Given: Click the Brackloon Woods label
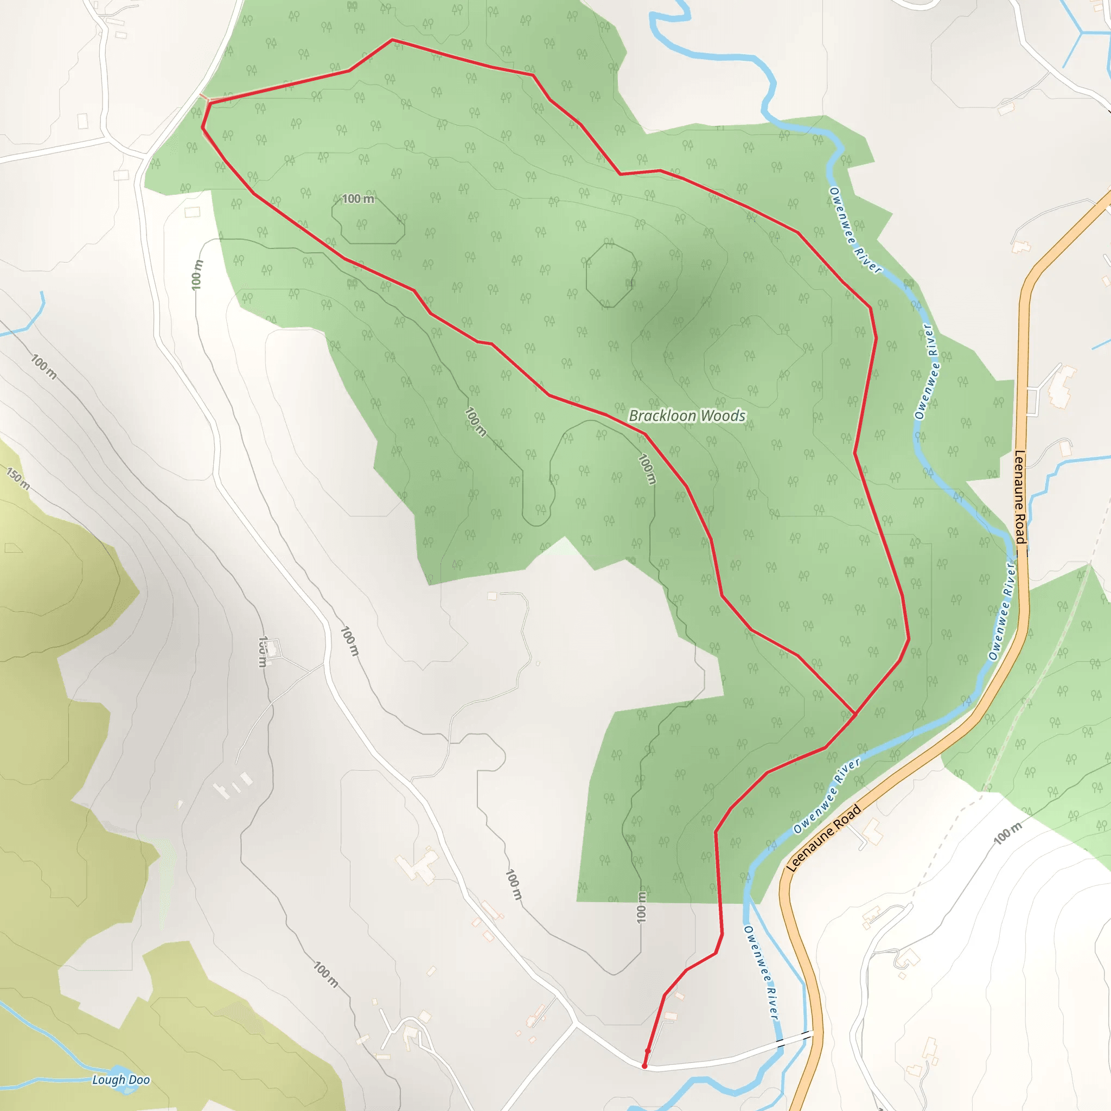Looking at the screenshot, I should coord(687,416).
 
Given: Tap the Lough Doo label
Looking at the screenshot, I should coord(121,1080).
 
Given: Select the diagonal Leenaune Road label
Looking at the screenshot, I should coord(823,838).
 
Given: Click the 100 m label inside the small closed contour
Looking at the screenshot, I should coord(357,199).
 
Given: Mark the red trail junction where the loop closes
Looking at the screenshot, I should coord(855,714).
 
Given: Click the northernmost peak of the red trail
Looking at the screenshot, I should coord(392,40).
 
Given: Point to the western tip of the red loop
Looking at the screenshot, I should coord(202,127).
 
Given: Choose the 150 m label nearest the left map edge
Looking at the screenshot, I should coord(17,478).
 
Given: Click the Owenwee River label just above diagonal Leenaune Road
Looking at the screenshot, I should coord(826,796).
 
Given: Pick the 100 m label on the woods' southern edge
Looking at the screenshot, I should coord(642,907).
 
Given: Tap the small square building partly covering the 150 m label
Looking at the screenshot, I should coord(271,649).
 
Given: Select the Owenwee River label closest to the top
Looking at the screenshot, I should coord(854,230).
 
